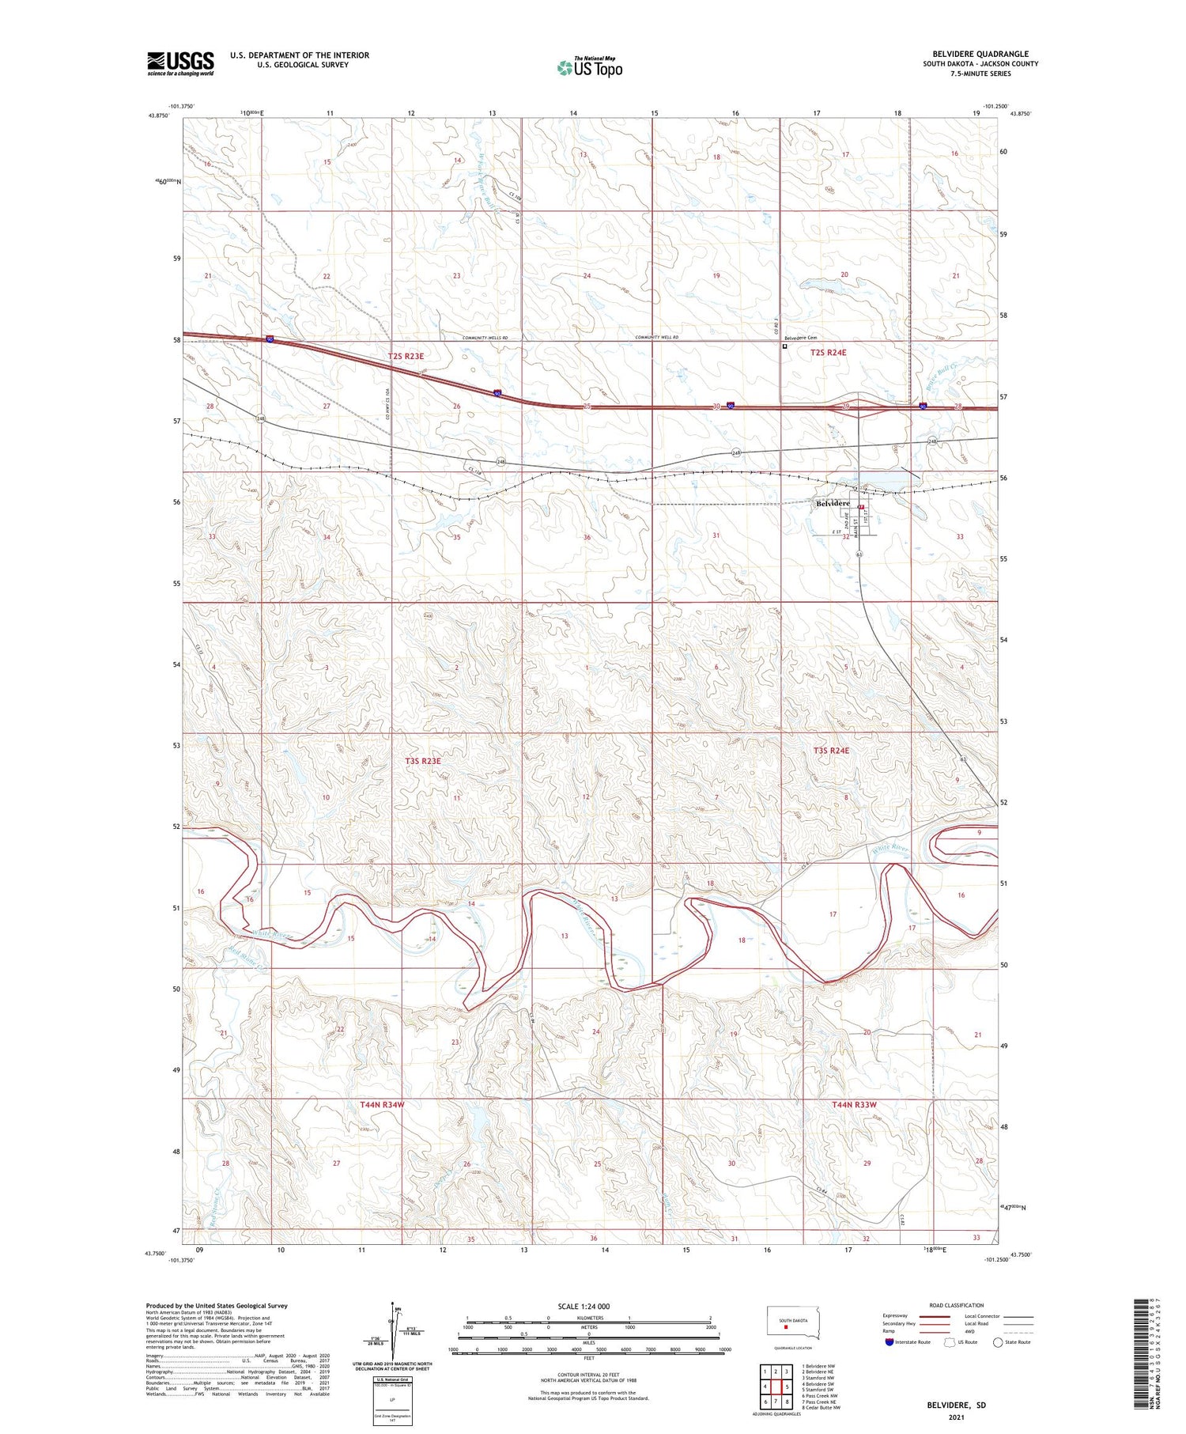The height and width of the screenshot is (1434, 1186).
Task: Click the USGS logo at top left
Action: point(180,63)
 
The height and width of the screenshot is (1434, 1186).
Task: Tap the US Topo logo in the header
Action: point(590,68)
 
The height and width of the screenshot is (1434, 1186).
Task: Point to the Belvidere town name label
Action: point(833,503)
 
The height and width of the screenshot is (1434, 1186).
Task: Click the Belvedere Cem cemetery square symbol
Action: point(785,346)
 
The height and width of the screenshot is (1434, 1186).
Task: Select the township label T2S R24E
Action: point(828,353)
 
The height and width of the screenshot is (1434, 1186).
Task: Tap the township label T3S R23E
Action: point(423,761)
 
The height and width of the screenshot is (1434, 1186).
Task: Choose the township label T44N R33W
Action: point(854,1104)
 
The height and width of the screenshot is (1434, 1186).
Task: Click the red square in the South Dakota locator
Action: point(786,1328)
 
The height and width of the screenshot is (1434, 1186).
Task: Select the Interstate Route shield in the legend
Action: point(889,1342)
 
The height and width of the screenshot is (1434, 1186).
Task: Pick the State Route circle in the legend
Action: point(998,1342)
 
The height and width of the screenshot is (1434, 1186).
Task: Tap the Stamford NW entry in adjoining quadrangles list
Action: point(818,1378)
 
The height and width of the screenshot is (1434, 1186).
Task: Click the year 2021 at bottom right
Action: point(956,1418)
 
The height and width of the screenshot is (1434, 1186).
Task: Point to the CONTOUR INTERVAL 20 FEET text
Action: point(588,1375)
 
